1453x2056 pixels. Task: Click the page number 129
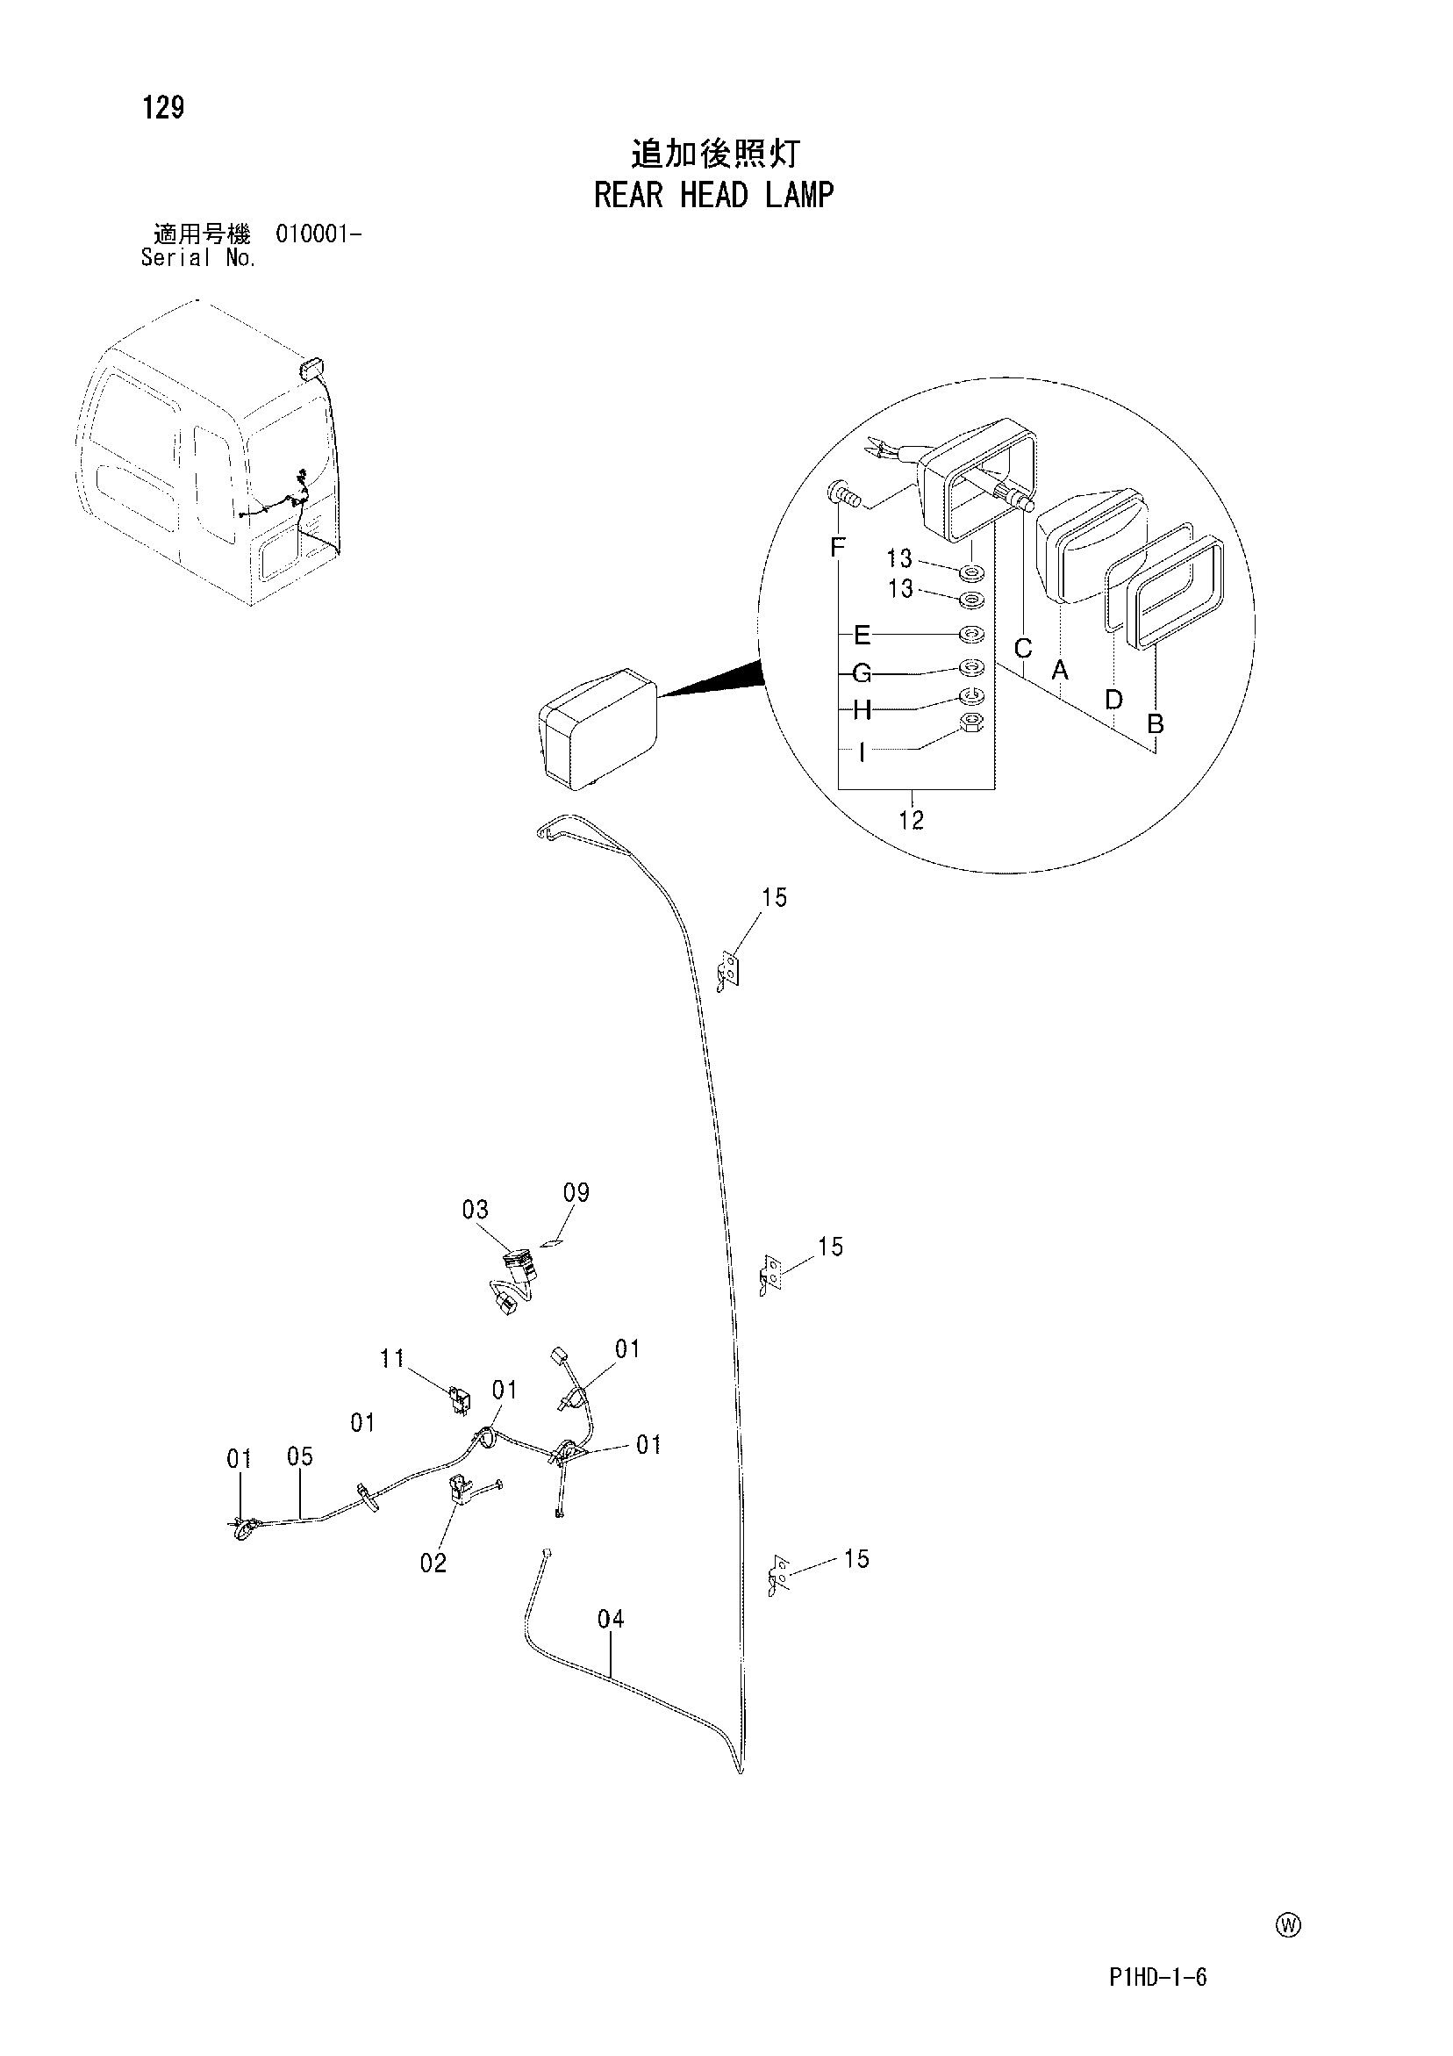pyautogui.click(x=163, y=107)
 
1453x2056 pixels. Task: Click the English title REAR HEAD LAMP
pyautogui.click(x=713, y=195)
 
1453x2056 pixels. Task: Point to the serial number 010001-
pyautogui.click(x=319, y=234)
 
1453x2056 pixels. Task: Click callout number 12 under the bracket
pyautogui.click(x=912, y=819)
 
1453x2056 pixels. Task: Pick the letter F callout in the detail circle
pyautogui.click(x=837, y=547)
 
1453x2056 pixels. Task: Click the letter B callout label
pyautogui.click(x=1156, y=723)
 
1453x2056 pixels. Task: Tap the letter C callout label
pyautogui.click(x=1023, y=647)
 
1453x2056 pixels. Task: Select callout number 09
pyautogui.click(x=576, y=1193)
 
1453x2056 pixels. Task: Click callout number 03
pyautogui.click(x=476, y=1210)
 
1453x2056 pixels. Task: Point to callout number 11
pyautogui.click(x=392, y=1359)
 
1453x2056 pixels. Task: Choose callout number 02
pyautogui.click(x=433, y=1563)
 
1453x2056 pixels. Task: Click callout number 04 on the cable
pyautogui.click(x=611, y=1619)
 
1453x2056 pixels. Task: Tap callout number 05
pyautogui.click(x=300, y=1457)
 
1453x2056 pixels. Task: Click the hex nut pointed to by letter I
pyautogui.click(x=971, y=723)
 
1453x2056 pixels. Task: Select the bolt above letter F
pyautogui.click(x=843, y=492)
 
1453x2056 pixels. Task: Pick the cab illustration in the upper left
pyautogui.click(x=208, y=454)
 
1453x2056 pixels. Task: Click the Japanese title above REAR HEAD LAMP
pyautogui.click(x=714, y=154)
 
